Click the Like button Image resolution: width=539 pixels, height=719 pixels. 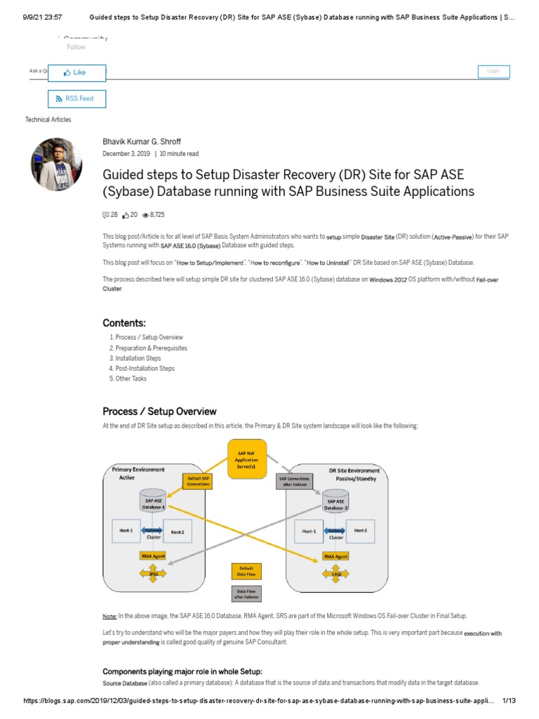tap(76, 72)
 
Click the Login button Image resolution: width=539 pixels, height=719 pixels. tap(493, 71)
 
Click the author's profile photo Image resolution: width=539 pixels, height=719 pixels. tap(56, 164)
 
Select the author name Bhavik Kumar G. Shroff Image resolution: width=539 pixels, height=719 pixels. tap(142, 142)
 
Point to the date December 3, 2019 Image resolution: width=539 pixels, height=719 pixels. tap(126, 154)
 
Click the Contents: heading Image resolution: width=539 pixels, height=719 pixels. tap(124, 323)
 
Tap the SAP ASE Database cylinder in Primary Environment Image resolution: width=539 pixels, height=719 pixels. tap(153, 501)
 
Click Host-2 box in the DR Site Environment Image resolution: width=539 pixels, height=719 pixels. tap(360, 531)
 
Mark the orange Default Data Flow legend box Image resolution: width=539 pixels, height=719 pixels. tap(246, 570)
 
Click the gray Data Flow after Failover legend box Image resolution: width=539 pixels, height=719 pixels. tap(246, 593)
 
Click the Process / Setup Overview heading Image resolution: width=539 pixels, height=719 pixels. tap(159, 411)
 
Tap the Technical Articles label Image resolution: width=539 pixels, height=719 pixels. tap(48, 120)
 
